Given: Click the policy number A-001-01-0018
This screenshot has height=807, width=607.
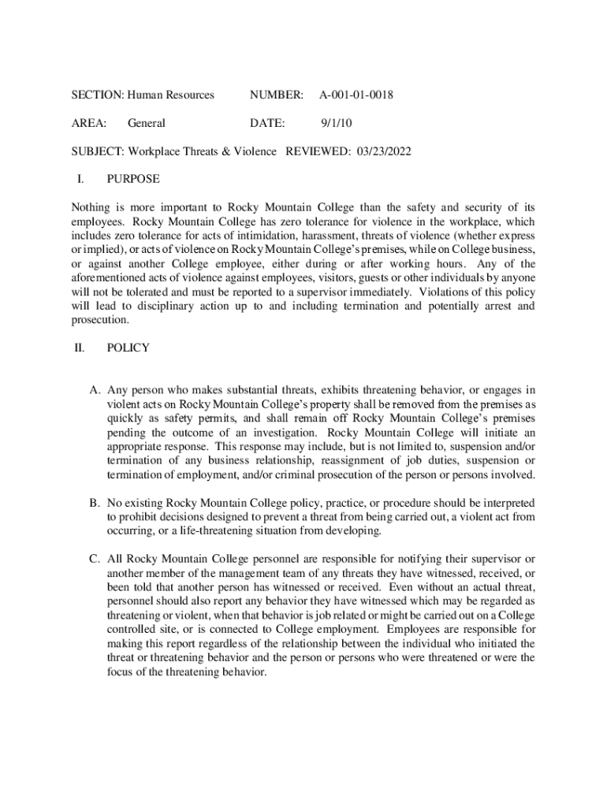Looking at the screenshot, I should [356, 95].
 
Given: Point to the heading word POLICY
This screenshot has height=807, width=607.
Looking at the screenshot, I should [127, 348].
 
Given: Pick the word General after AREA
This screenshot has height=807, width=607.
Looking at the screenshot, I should [147, 123].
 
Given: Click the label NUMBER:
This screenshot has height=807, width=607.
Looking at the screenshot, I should [276, 95].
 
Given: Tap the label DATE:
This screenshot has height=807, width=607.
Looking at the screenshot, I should [267, 123].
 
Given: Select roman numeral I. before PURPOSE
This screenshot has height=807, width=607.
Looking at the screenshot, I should [80, 179].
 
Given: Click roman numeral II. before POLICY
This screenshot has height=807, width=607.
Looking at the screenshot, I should [79, 348].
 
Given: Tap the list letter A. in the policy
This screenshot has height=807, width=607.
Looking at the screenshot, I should [94, 390].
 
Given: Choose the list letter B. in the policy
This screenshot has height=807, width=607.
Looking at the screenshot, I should [94, 503].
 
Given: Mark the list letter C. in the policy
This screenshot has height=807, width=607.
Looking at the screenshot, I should [94, 560].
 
